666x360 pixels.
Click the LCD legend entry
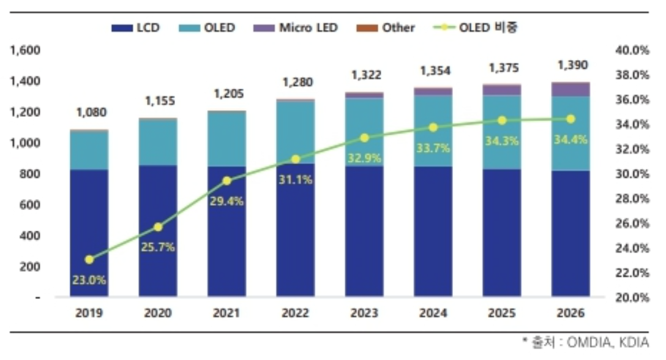136,28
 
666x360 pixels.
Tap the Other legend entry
390,28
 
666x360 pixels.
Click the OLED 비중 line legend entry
477,28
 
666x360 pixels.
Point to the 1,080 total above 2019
91,113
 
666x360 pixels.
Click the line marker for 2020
159,227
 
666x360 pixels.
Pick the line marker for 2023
365,138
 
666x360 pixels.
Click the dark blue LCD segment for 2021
227,233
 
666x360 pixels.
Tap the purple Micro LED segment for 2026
571,89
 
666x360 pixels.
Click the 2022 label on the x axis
296,313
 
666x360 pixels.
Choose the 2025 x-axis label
502,313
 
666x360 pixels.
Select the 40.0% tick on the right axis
632,50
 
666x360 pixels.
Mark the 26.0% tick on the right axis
632,223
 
